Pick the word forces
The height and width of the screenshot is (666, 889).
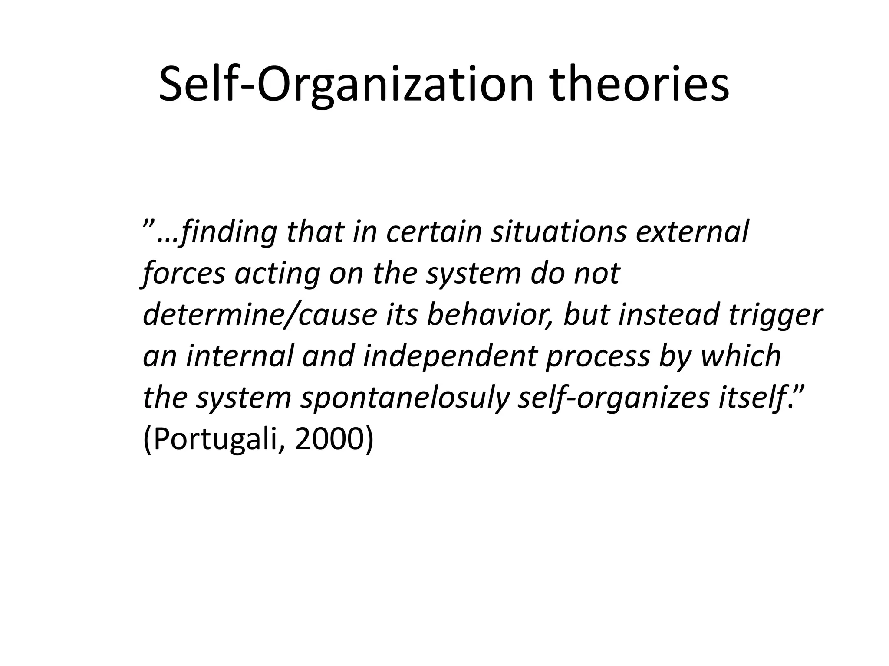(x=184, y=274)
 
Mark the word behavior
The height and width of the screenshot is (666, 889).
(x=491, y=315)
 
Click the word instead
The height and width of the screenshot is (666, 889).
(x=669, y=315)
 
